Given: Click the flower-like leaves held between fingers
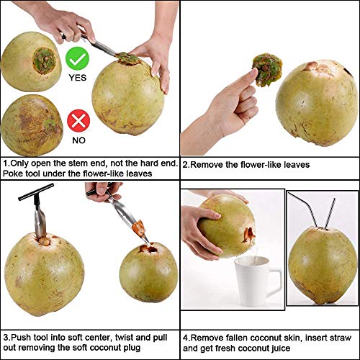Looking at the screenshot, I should (267, 67).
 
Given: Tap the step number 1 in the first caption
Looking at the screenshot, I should (6, 164).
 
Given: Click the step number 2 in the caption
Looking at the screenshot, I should (186, 165).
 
